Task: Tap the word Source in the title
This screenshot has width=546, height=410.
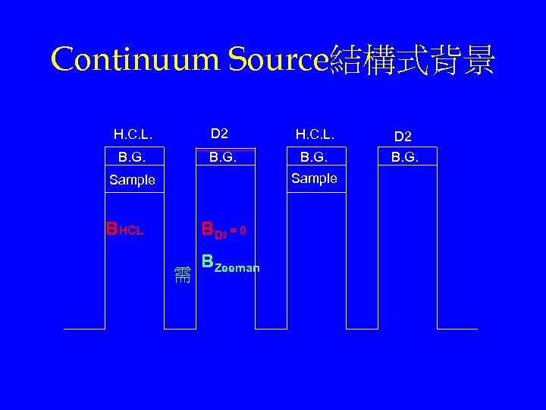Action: [x=278, y=59]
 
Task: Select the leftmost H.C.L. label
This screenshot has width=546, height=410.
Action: [x=133, y=134]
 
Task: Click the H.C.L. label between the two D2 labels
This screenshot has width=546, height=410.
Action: [x=315, y=134]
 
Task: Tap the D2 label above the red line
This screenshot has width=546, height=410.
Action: [x=219, y=134]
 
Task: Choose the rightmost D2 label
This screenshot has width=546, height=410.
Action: [x=403, y=136]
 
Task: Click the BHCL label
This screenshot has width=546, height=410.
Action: [x=125, y=229]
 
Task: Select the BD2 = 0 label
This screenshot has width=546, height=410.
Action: [x=223, y=229]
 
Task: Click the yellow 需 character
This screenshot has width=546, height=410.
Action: [x=182, y=273]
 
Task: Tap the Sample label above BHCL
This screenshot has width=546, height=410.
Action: [x=132, y=180]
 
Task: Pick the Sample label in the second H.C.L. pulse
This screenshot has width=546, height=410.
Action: [x=314, y=178]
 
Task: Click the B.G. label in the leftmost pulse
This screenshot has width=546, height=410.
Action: [x=132, y=158]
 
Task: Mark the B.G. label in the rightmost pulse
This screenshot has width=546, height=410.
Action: [x=403, y=158]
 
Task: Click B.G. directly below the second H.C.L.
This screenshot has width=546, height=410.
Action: [x=315, y=158]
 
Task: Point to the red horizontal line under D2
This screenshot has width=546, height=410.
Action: [x=225, y=150]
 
